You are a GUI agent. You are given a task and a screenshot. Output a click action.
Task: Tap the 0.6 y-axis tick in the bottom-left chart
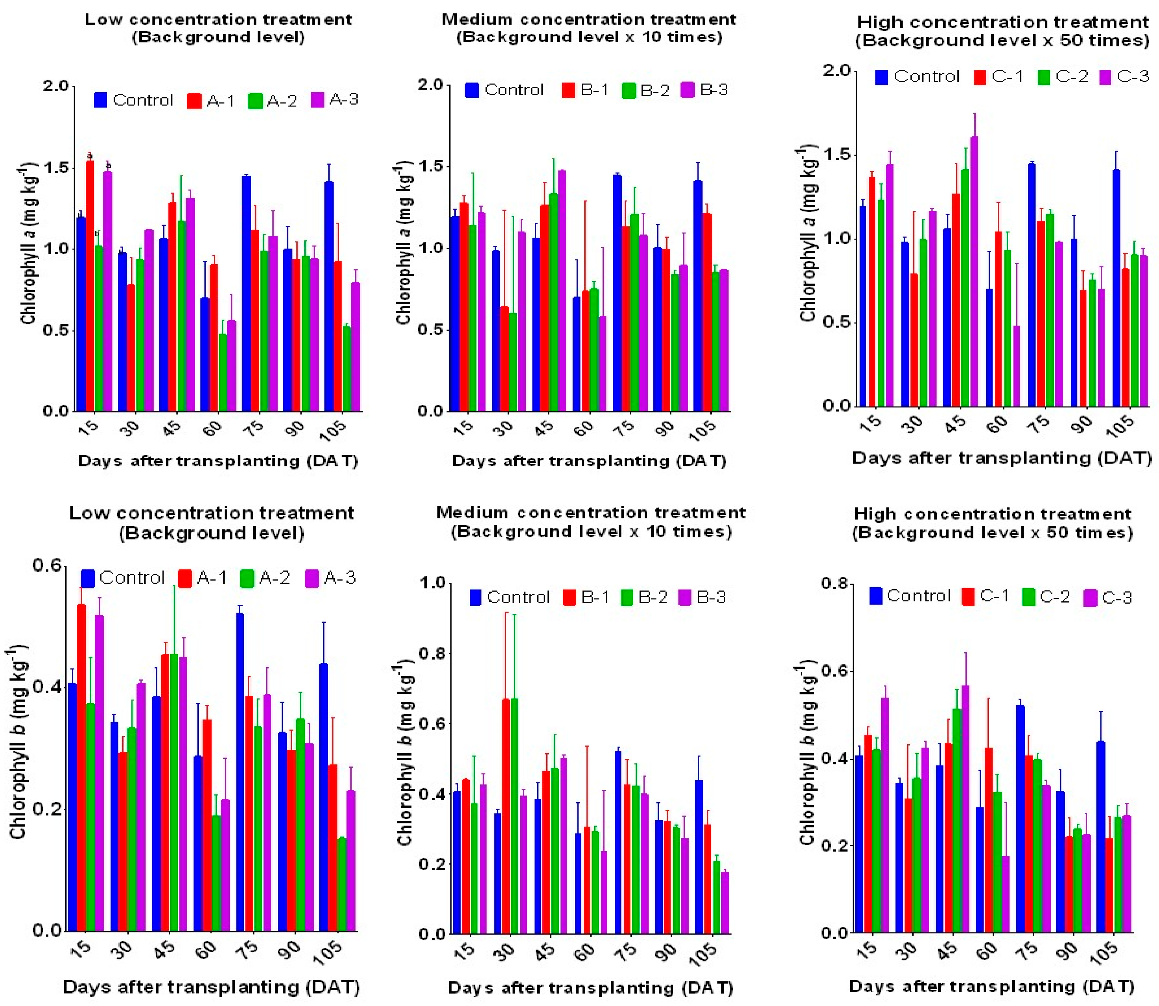pos(47,565)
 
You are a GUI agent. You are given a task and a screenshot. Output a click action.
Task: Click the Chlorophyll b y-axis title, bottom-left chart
pos(18,744)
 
